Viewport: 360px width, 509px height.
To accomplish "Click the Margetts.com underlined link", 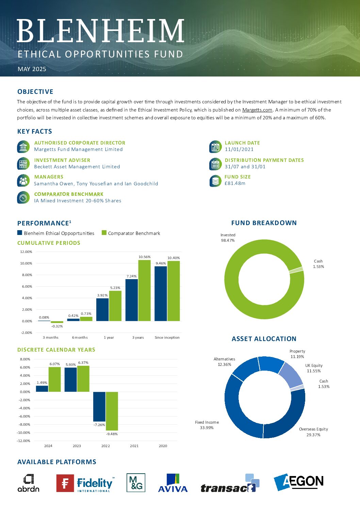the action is (257, 110).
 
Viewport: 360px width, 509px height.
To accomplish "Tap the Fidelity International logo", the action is (85, 483).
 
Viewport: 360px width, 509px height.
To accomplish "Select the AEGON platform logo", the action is (298, 482).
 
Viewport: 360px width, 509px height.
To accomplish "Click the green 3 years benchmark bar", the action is (144, 290).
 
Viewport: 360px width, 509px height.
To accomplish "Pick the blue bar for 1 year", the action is (102, 309).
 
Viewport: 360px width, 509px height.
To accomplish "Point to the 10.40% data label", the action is (174, 258).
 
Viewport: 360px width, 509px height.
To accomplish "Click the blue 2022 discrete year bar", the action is (99, 407).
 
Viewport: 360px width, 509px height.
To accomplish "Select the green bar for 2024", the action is (54, 379).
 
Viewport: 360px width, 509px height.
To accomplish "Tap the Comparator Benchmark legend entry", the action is (131, 233).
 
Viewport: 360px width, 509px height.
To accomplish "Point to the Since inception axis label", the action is (167, 337).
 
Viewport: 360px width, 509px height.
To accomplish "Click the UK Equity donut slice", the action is (291, 375).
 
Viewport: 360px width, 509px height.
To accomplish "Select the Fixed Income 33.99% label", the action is (207, 425).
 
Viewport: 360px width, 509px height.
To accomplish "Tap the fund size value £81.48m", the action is (235, 183).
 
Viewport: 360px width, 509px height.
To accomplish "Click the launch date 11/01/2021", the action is (239, 149).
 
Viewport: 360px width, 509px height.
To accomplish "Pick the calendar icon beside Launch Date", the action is (215, 147).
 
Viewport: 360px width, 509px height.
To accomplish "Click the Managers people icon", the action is (23, 181).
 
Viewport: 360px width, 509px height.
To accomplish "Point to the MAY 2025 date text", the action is (32, 69).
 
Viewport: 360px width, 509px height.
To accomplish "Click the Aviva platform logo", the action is (173, 483).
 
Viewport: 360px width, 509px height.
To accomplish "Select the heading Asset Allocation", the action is (264, 339).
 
